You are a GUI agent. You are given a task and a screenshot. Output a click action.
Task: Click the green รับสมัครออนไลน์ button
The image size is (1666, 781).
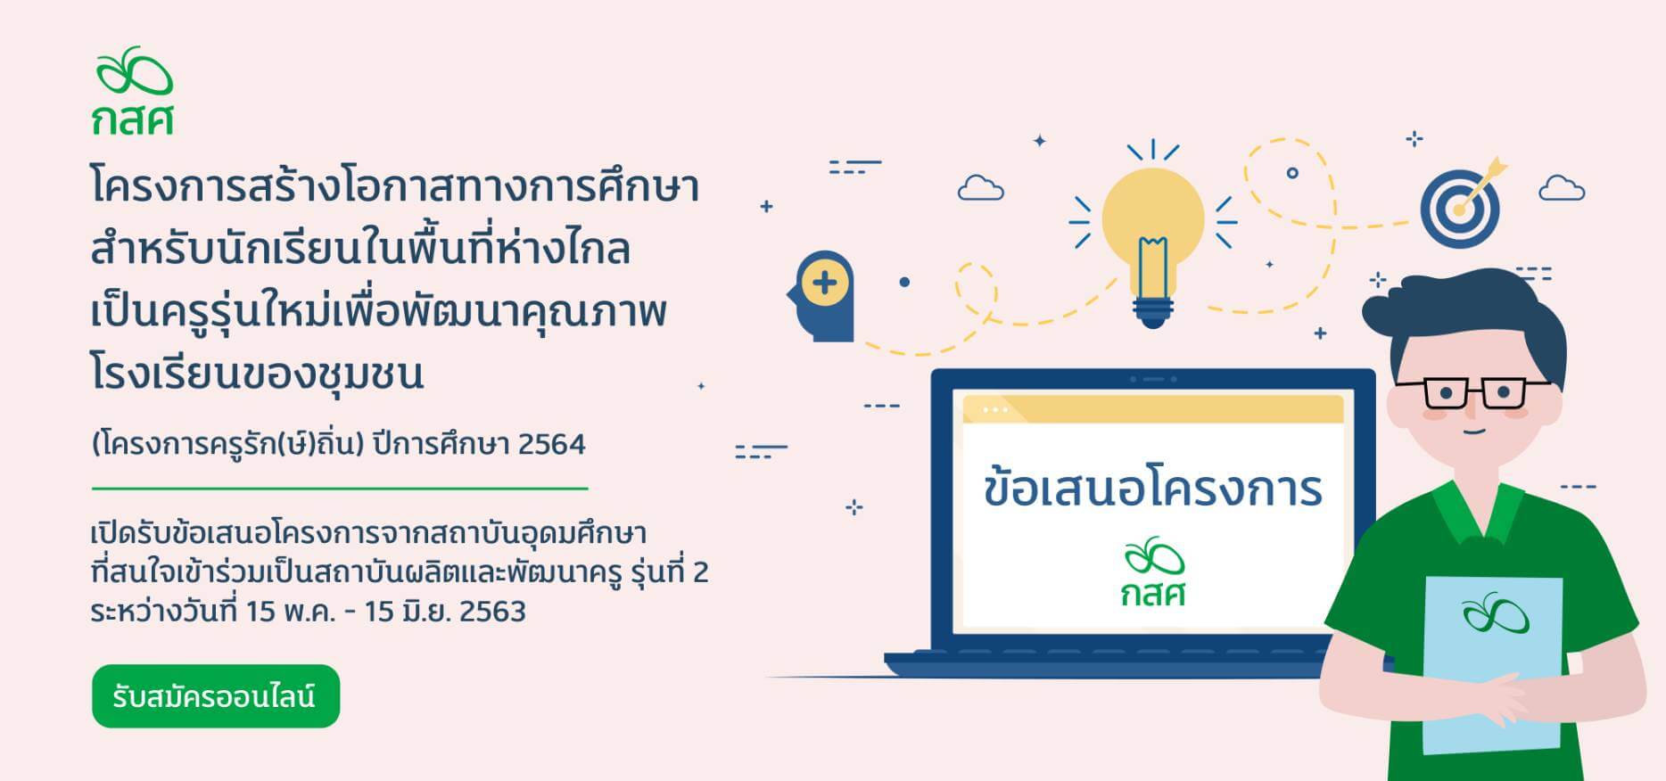click(x=216, y=696)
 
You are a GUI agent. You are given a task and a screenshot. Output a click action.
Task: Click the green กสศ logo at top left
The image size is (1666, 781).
click(x=134, y=90)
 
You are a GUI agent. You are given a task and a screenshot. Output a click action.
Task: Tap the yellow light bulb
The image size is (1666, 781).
click(x=1152, y=232)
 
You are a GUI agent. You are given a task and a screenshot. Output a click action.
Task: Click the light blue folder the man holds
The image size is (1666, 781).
click(x=1492, y=664)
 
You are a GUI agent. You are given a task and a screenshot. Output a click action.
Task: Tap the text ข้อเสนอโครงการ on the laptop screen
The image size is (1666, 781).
click(x=1152, y=490)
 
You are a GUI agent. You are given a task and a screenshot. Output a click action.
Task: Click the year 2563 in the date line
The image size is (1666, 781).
click(x=492, y=612)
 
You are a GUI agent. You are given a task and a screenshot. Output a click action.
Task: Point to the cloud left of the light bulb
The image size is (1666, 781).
click(x=980, y=188)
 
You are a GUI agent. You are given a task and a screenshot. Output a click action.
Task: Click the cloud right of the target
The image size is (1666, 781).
click(x=1562, y=188)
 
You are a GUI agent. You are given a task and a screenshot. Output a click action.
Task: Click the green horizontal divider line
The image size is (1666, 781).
click(x=340, y=489)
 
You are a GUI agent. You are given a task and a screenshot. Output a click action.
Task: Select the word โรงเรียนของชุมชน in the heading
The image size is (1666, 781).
click(x=257, y=374)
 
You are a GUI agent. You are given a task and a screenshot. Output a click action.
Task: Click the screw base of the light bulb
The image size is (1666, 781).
click(x=1152, y=311)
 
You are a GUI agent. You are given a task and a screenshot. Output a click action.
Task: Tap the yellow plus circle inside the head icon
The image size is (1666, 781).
click(x=824, y=284)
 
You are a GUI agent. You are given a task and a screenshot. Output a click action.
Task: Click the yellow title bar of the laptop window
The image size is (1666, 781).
click(x=1152, y=409)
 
